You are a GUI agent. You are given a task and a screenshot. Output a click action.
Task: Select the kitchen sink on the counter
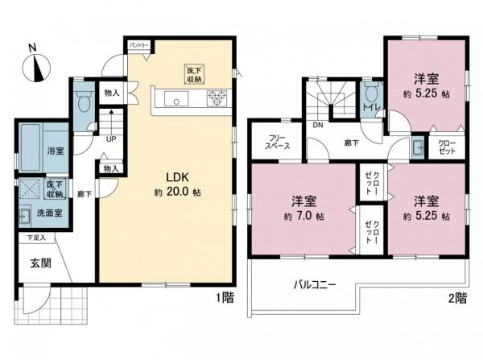point(175,100)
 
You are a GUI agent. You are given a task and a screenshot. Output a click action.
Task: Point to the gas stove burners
point(217,100)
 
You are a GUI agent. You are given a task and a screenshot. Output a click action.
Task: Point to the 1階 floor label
point(225,297)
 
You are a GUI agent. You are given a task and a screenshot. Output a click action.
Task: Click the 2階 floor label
point(457,297)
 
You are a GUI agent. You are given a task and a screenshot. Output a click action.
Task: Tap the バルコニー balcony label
point(313,284)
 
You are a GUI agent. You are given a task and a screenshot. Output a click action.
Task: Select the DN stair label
point(316,126)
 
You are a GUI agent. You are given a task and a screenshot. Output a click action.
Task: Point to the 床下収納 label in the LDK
point(194,75)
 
